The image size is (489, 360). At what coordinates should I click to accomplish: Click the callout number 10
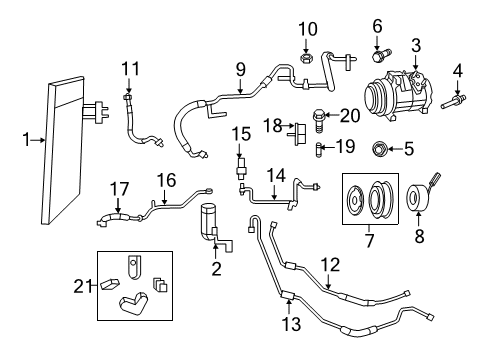tap(307, 29)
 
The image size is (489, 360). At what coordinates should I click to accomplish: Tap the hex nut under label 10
tap(306, 58)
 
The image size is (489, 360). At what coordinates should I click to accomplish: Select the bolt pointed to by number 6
tap(382, 56)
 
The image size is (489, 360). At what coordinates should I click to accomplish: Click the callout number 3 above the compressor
tap(416, 46)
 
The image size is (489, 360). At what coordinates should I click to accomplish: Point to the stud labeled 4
tap(453, 101)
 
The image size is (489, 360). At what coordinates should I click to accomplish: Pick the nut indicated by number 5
tap(378, 149)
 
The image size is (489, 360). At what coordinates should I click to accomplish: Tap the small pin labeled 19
tap(319, 150)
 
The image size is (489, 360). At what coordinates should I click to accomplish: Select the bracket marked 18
tap(298, 134)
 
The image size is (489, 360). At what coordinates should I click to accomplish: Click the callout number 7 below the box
tap(369, 241)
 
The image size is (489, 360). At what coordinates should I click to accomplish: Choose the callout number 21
tap(82, 286)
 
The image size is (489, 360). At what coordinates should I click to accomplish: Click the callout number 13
tap(291, 324)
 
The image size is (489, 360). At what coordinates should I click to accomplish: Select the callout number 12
tap(330, 265)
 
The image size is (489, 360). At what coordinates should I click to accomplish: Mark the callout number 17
tap(119, 189)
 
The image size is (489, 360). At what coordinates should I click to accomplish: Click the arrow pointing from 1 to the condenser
tap(37, 140)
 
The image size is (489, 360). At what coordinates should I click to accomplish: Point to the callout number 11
tap(130, 69)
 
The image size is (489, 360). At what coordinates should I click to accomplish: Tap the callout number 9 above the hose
tap(240, 70)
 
